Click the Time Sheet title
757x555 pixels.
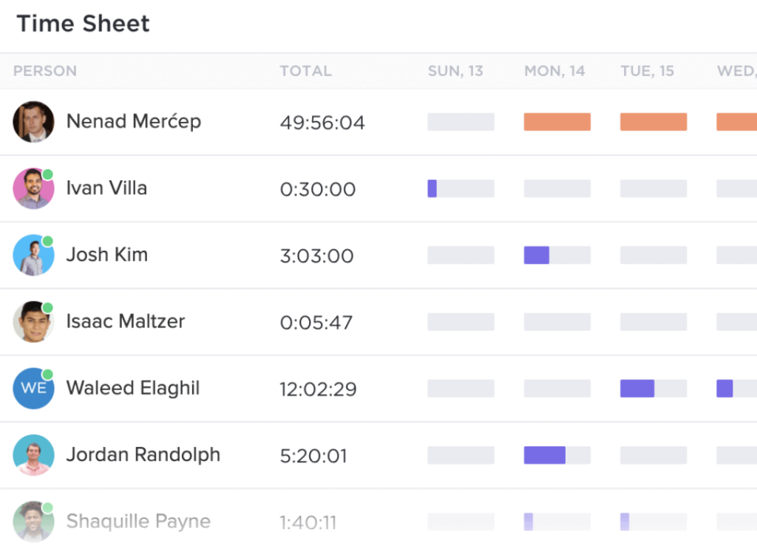(83, 24)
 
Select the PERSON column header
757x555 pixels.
(45, 71)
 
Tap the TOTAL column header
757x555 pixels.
(305, 71)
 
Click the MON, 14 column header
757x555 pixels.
(554, 71)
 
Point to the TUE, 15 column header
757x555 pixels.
(647, 71)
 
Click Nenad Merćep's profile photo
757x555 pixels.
(33, 122)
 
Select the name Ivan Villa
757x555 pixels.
(106, 188)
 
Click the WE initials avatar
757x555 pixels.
(33, 388)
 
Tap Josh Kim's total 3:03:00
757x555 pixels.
(316, 256)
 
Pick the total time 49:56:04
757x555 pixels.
(322, 123)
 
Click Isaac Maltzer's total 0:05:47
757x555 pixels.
(316, 322)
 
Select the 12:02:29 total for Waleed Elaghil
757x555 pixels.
(318, 389)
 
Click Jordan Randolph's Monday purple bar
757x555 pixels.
(544, 455)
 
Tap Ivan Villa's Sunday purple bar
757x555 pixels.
(432, 188)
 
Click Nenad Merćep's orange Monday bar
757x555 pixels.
(557, 122)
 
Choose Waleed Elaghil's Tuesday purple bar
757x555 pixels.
(637, 389)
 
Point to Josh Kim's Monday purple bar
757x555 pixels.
(536, 255)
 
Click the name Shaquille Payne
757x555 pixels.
(138, 521)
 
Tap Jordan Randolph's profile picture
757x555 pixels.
(33, 454)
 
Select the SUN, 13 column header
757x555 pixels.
(455, 71)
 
